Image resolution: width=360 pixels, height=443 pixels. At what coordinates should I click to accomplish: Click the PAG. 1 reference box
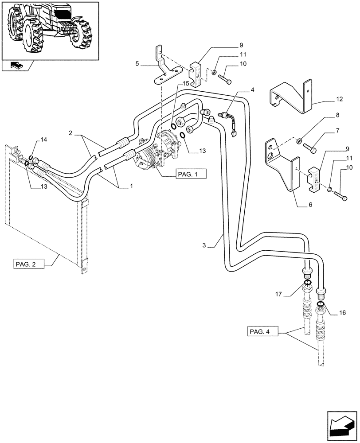(191, 174)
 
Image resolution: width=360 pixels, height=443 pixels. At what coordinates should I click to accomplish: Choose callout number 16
(342, 313)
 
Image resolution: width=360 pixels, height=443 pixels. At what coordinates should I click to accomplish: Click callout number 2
(71, 133)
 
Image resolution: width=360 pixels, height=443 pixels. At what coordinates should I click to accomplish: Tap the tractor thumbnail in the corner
(50, 30)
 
